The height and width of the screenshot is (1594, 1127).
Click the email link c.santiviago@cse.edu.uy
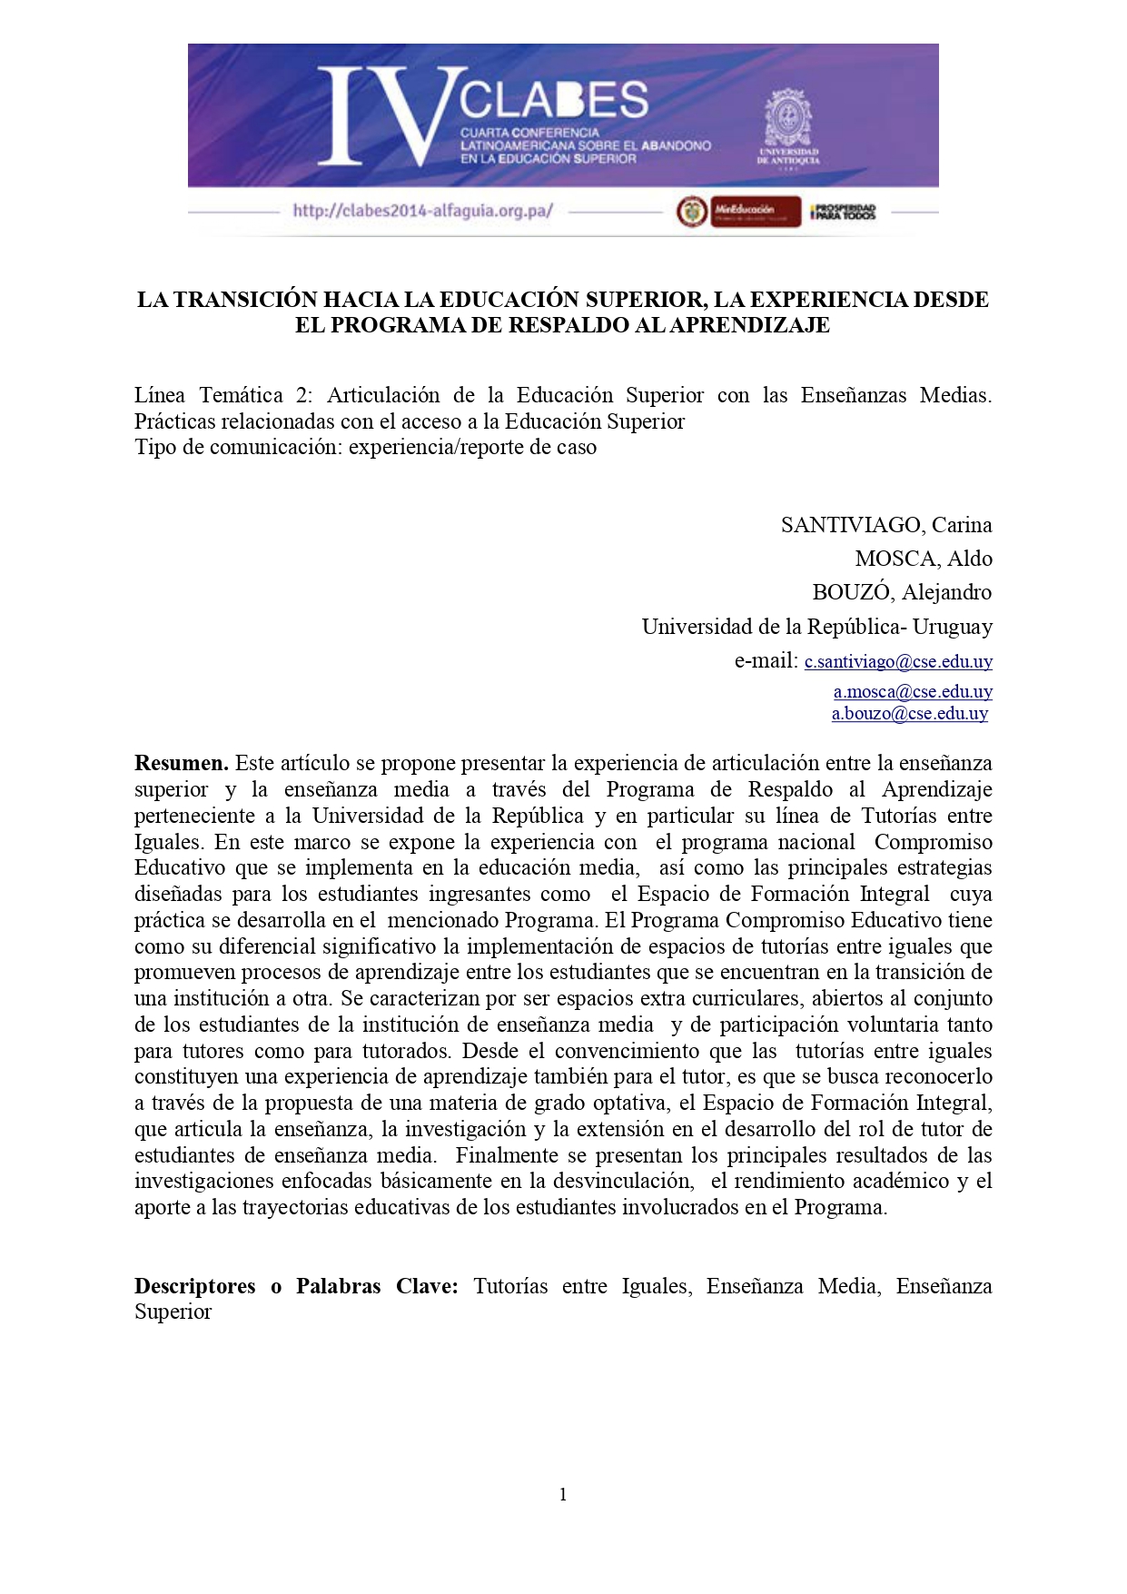pyautogui.click(x=898, y=662)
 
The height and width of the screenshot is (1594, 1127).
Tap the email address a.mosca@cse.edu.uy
pyautogui.click(x=913, y=691)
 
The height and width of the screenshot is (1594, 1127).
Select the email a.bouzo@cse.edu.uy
pyautogui.click(x=909, y=714)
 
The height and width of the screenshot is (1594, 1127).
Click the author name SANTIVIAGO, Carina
pyautogui.click(x=885, y=525)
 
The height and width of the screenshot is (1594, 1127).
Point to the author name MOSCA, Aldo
pyautogui.click(x=923, y=559)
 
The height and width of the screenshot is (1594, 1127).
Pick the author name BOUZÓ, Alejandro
pyautogui.click(x=901, y=592)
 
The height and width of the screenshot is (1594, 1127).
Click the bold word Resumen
pyautogui.click(x=181, y=763)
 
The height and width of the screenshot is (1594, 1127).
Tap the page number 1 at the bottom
pyautogui.click(x=563, y=1494)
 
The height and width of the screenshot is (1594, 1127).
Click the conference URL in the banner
pyautogui.click(x=422, y=211)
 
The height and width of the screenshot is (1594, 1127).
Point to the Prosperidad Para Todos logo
pyautogui.click(x=843, y=212)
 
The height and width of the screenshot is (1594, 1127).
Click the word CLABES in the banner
pyautogui.click(x=553, y=100)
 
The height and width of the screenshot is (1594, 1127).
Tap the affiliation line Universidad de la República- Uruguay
pyautogui.click(x=816, y=627)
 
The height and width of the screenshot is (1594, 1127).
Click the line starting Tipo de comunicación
pyautogui.click(x=365, y=447)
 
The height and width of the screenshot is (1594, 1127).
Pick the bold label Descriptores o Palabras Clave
pyautogui.click(x=296, y=1286)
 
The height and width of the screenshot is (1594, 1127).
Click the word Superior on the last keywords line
pyautogui.click(x=173, y=1312)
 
